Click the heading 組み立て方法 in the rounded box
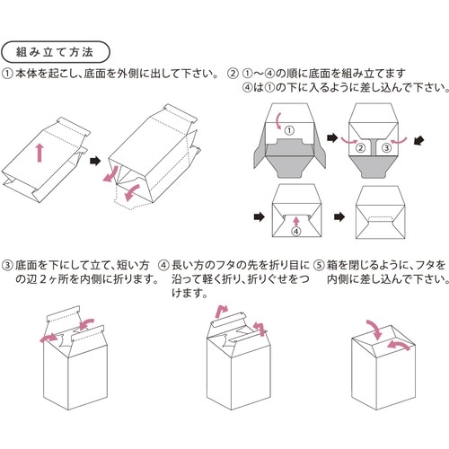click(x=56, y=48)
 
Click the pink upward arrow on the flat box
click(x=39, y=154)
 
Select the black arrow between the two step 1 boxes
click(x=95, y=160)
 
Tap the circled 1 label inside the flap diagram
click(x=289, y=131)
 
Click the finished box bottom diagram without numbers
click(x=382, y=215)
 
